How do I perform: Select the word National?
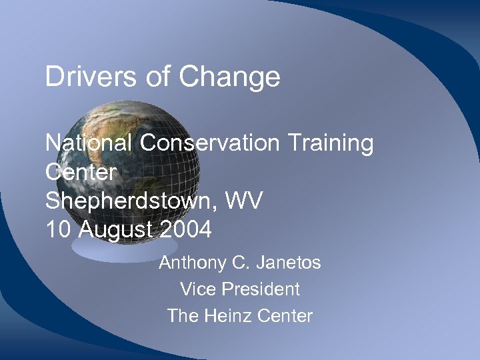tap(89, 143)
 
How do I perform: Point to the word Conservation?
tap(214, 143)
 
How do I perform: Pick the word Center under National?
tap(81, 172)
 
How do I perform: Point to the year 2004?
tap(187, 230)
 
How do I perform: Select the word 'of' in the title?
tap(157, 77)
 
